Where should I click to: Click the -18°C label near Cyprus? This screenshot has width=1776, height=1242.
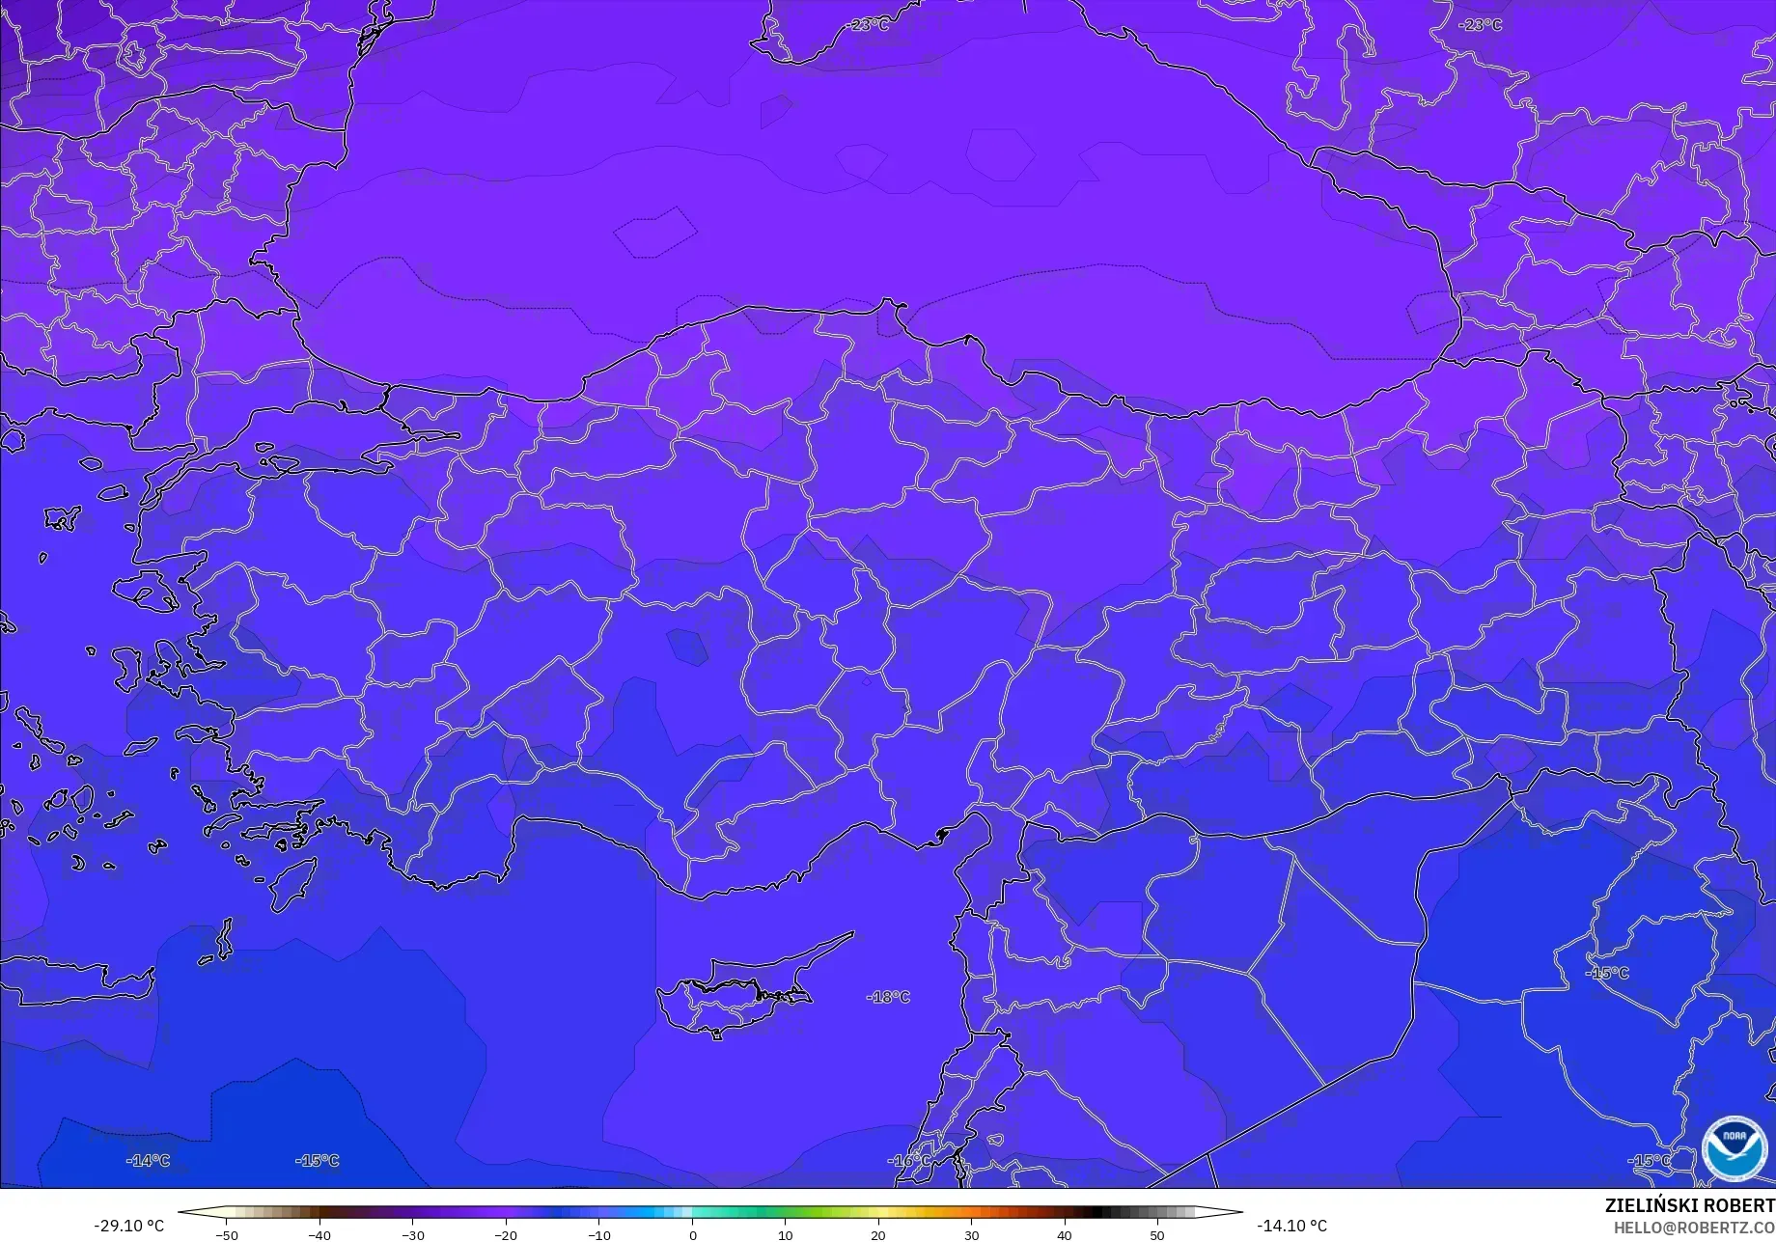pyautogui.click(x=888, y=997)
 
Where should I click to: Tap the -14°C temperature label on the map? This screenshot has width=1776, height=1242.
pyautogui.click(x=148, y=1160)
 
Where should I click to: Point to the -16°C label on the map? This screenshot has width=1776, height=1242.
pyautogui.click(x=909, y=1160)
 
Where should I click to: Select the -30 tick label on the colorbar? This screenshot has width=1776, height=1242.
pyautogui.click(x=412, y=1235)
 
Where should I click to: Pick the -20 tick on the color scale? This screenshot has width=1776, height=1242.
pyautogui.click(x=506, y=1235)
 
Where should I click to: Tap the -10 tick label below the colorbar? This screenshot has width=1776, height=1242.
pyautogui.click(x=598, y=1235)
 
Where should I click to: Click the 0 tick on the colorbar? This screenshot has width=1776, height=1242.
pyautogui.click(x=692, y=1235)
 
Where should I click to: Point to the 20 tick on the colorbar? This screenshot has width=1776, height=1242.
pyautogui.click(x=878, y=1235)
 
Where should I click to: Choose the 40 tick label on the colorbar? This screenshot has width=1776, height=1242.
pyautogui.click(x=1064, y=1235)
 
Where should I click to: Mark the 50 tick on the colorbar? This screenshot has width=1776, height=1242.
pyautogui.click(x=1157, y=1235)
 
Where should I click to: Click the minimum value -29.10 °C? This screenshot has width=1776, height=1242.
pyautogui.click(x=128, y=1226)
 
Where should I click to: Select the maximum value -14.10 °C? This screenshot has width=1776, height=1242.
pyautogui.click(x=1291, y=1226)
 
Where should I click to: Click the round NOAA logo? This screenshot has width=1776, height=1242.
pyautogui.click(x=1734, y=1148)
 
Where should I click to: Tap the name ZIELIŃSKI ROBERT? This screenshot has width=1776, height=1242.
pyautogui.click(x=1689, y=1206)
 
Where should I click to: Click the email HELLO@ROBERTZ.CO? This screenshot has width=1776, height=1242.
pyautogui.click(x=1694, y=1228)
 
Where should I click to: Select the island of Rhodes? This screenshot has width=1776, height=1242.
pyautogui.click(x=293, y=883)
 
